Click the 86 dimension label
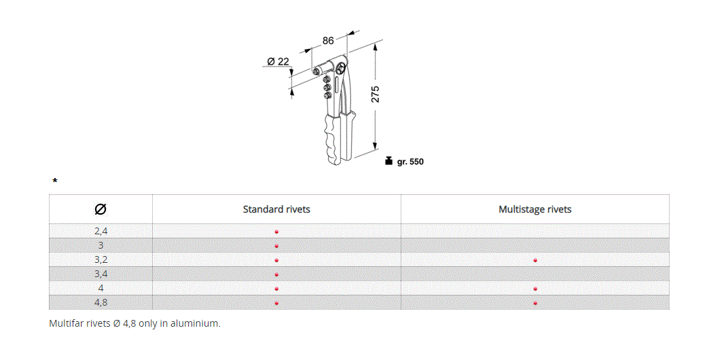click(328, 41)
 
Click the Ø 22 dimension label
click(278, 61)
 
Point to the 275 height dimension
click(375, 94)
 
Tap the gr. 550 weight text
click(410, 162)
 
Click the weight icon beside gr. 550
click(388, 161)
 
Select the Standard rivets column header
click(276, 209)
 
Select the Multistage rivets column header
click(534, 209)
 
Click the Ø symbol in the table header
click(101, 209)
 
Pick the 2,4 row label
click(101, 231)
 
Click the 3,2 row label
click(101, 259)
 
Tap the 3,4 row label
click(101, 274)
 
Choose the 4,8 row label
click(101, 302)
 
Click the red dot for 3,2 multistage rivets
click(535, 260)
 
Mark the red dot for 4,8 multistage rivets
click(535, 303)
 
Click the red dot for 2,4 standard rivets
click(276, 232)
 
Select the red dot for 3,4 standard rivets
click(276, 274)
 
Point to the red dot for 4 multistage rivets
click(535, 289)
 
